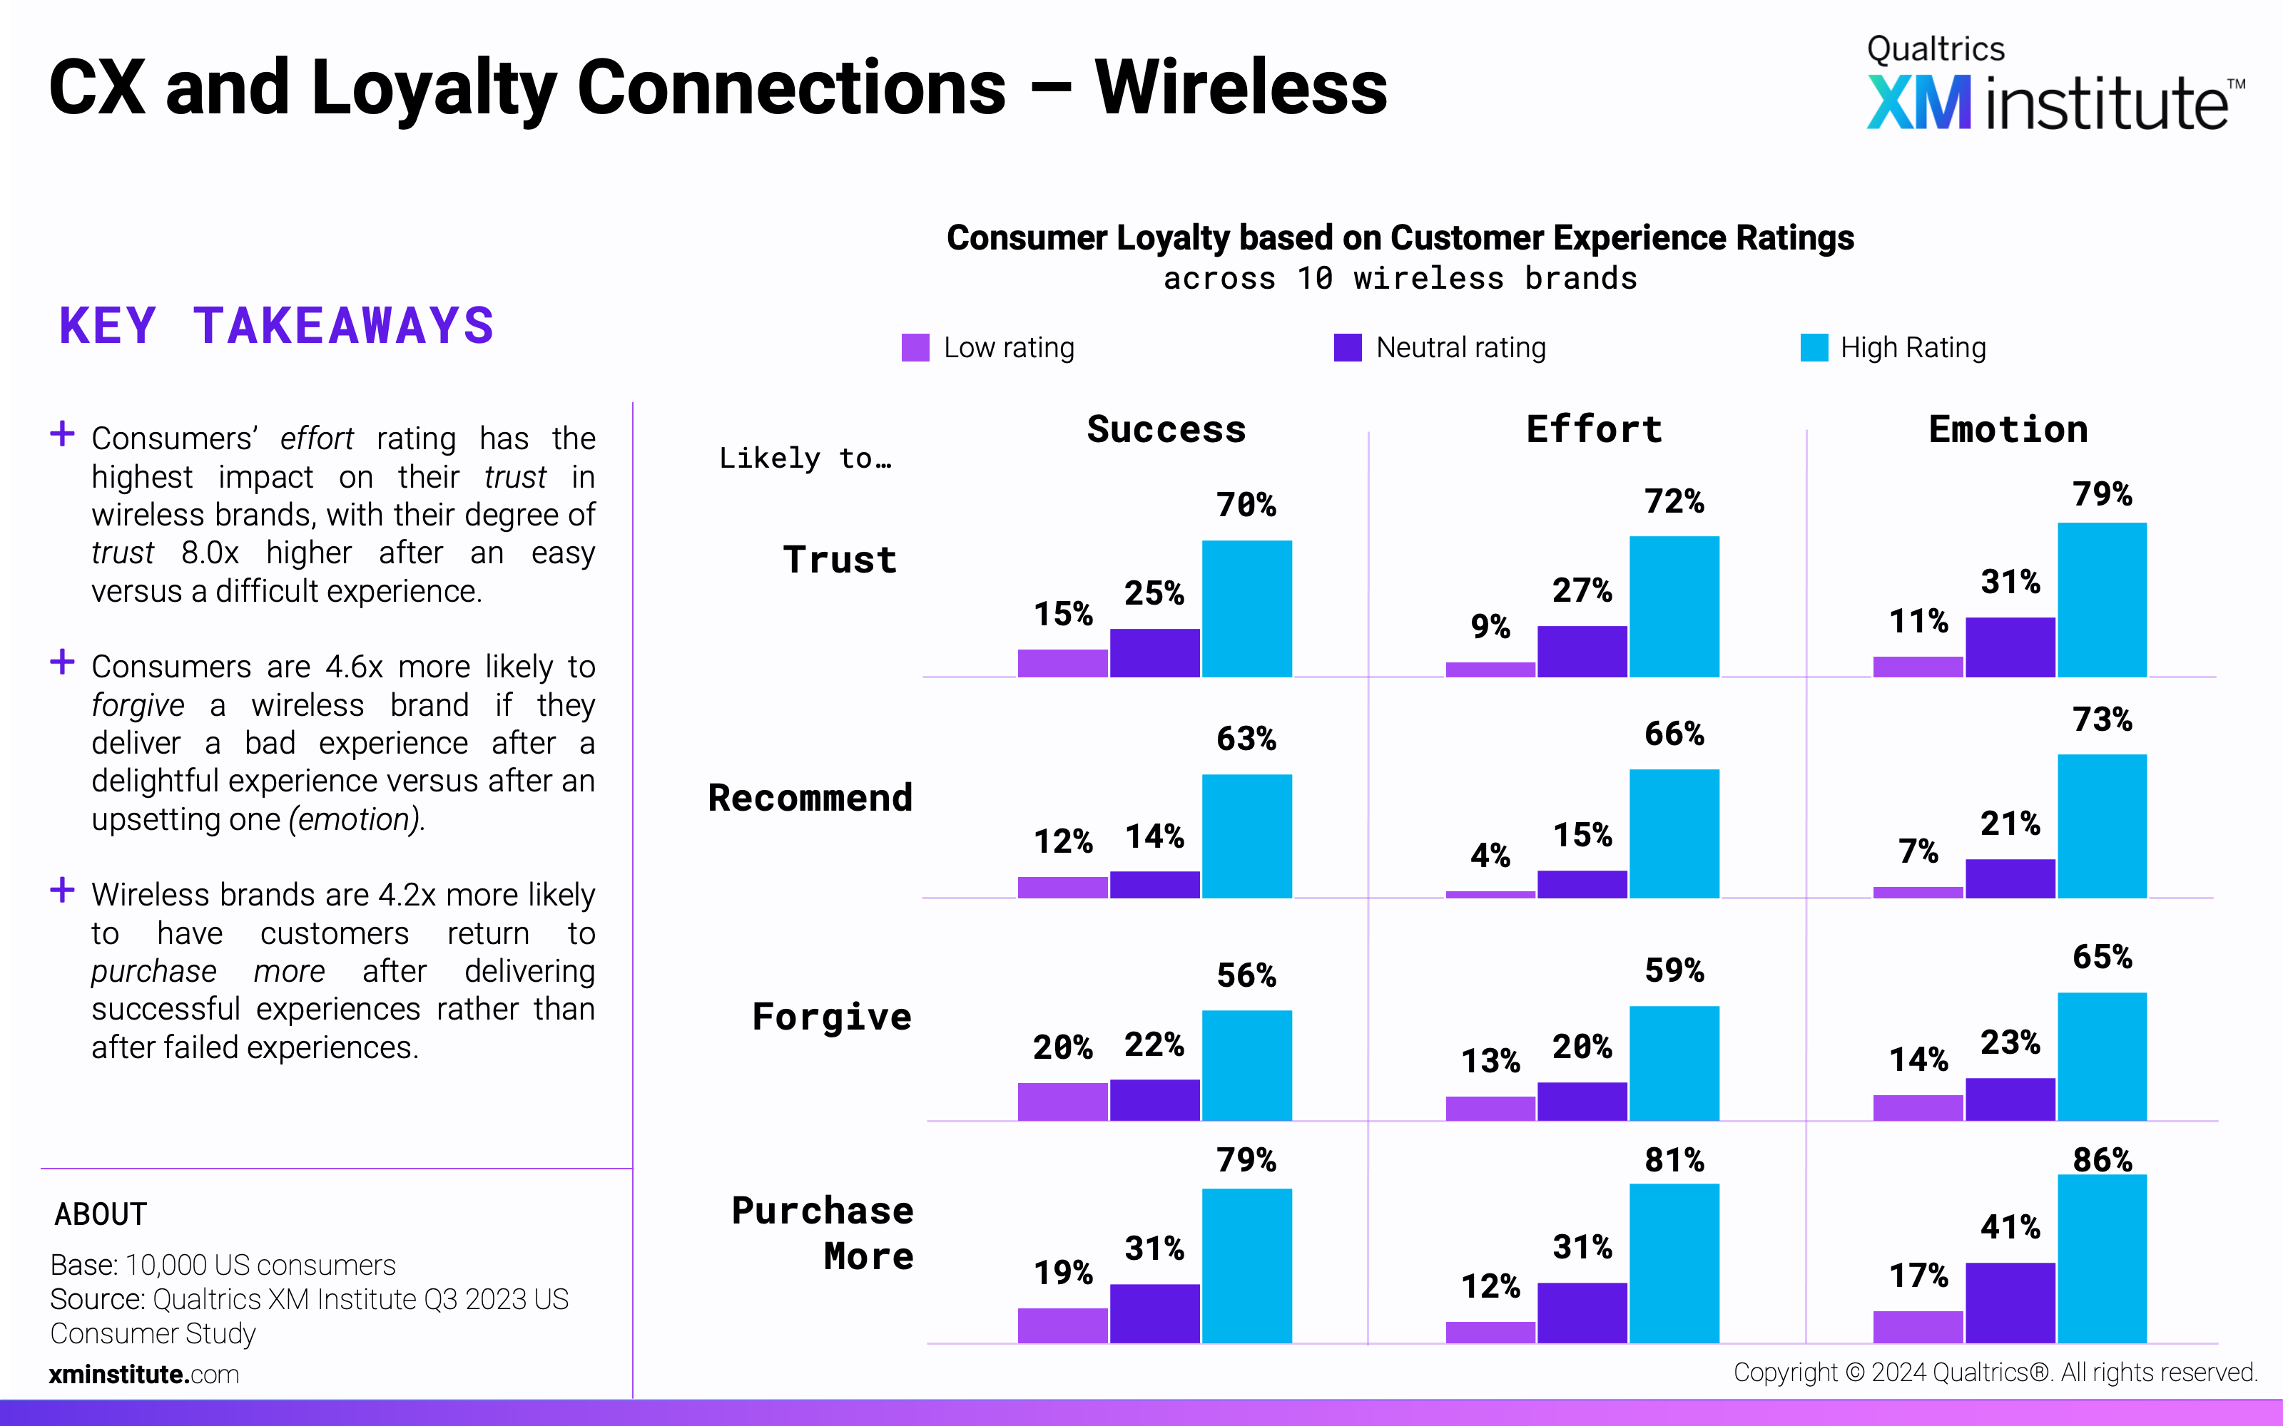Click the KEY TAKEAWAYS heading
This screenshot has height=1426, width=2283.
click(x=276, y=327)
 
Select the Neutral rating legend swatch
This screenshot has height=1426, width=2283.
click(x=1347, y=348)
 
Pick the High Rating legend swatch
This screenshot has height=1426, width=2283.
click(x=1813, y=348)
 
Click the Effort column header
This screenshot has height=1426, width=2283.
click(x=1593, y=429)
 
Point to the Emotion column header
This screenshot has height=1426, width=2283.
click(x=2008, y=429)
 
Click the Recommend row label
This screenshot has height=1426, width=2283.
click(x=810, y=798)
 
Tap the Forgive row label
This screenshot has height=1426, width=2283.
click(x=831, y=1017)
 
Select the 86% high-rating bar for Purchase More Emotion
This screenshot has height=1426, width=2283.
click(x=2102, y=1258)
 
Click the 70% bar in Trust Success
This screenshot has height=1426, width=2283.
click(x=1246, y=608)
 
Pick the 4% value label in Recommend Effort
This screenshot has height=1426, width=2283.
click(x=1490, y=856)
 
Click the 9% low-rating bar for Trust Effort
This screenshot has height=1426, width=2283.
click(x=1490, y=670)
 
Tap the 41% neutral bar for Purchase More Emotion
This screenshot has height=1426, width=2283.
click(x=2010, y=1303)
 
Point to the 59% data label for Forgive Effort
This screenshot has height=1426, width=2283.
click(x=1674, y=970)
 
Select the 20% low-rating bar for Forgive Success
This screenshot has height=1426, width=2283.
click(x=1062, y=1102)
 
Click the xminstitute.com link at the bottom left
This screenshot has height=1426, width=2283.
click(x=144, y=1374)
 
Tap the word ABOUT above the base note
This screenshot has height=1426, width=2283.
click(x=101, y=1214)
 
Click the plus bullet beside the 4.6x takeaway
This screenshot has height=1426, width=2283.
click(x=62, y=662)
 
